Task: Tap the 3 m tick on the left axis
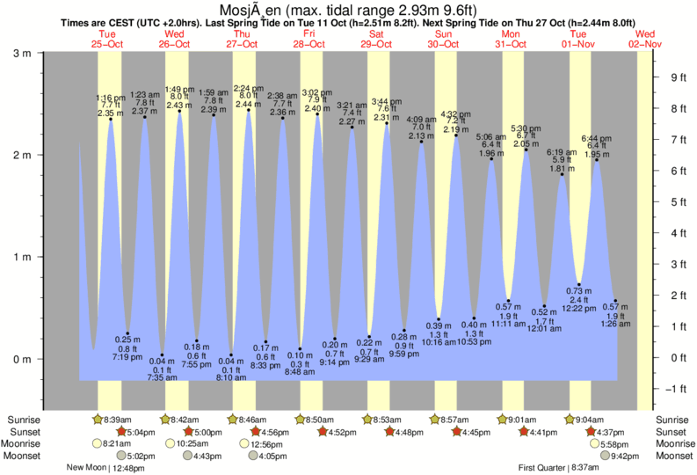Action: (18, 53)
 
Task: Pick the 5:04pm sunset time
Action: (139, 432)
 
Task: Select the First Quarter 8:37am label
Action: (556, 468)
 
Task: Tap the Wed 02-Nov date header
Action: (645, 39)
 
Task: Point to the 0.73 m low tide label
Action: (574, 291)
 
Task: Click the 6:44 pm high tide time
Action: (597, 138)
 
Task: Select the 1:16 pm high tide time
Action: (110, 98)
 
